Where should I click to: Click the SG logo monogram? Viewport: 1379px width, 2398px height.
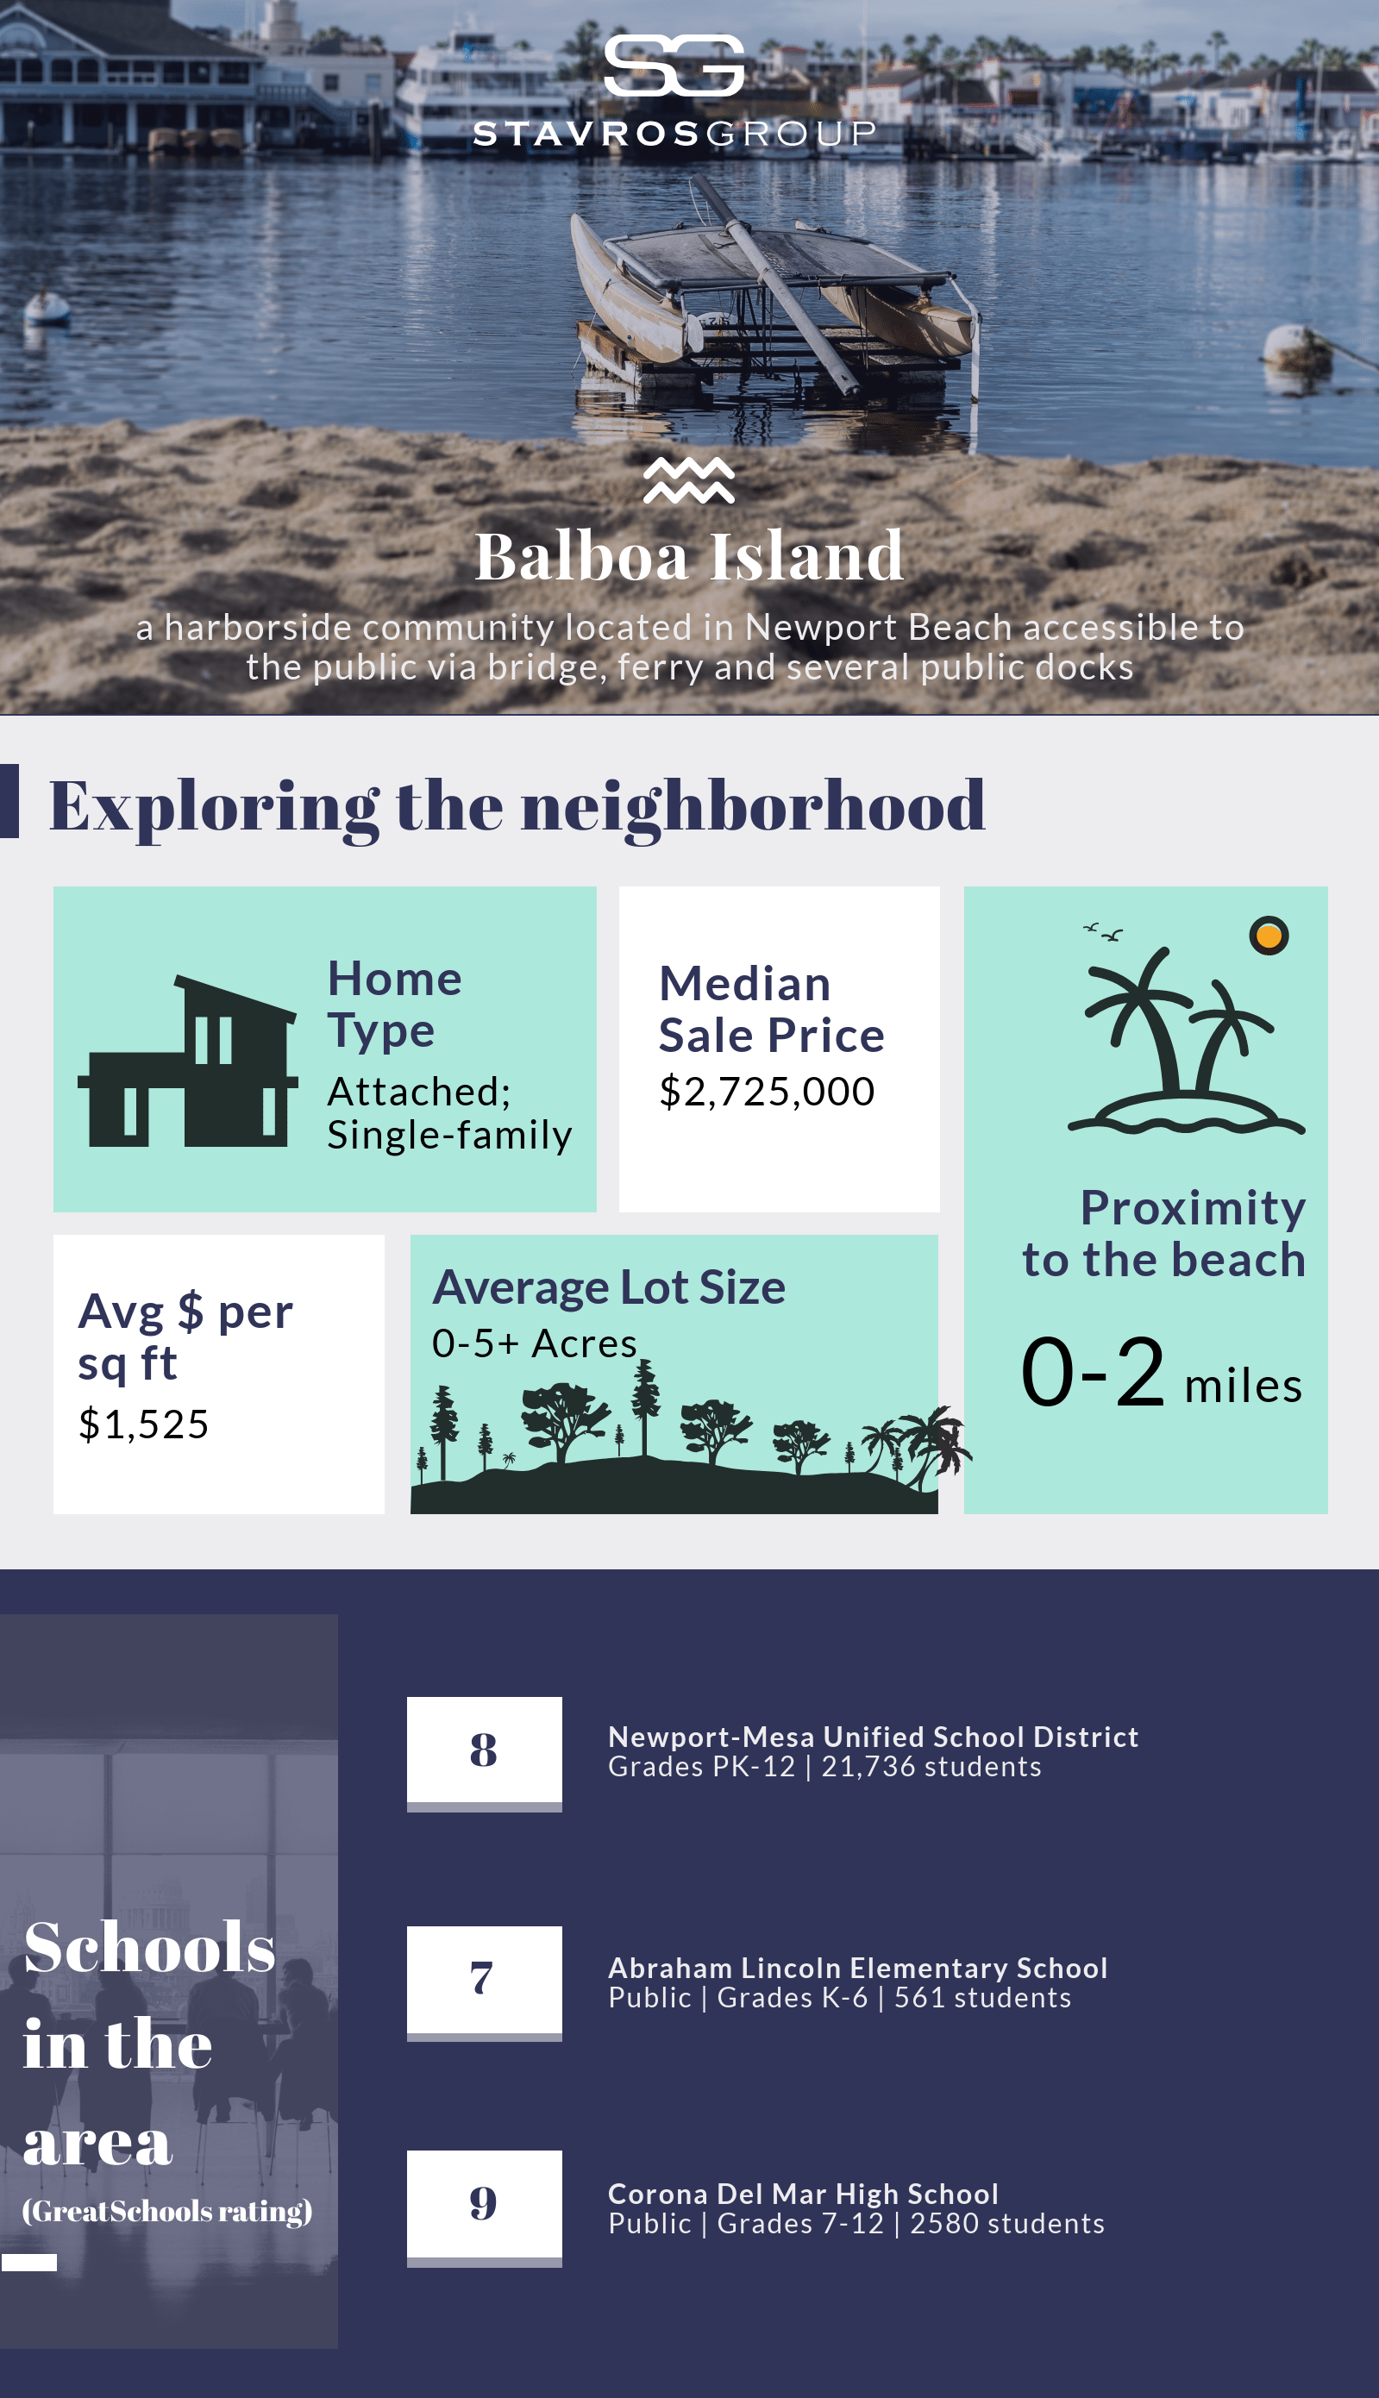(674, 66)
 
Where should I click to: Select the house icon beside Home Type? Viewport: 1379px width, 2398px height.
(187, 1061)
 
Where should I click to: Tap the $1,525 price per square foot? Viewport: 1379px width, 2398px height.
(143, 1424)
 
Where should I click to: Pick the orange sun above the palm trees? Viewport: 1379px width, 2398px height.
(1269, 936)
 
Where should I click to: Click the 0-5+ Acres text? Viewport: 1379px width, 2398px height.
(534, 1343)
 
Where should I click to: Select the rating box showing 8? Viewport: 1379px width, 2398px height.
(484, 1753)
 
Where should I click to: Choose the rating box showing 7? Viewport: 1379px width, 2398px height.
(484, 1982)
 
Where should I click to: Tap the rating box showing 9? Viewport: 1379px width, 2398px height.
(484, 2207)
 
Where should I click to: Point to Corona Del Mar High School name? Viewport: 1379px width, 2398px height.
(803, 2194)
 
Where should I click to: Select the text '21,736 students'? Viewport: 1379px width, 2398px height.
(931, 1767)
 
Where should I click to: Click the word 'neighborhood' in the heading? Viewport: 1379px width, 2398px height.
(753, 806)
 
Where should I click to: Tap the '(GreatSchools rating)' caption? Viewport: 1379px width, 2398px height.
(166, 2211)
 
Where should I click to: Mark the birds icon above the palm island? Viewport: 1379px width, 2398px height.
(1103, 931)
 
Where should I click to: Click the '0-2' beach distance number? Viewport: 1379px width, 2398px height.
(1093, 1372)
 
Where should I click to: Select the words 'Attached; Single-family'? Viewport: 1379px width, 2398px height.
(449, 1113)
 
